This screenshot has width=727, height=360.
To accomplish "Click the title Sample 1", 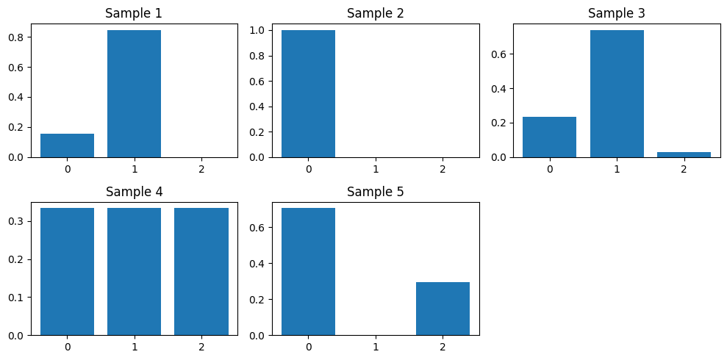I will [x=134, y=13].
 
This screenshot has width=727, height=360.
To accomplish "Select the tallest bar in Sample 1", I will [x=134, y=94].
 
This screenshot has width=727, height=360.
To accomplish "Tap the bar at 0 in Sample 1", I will [x=67, y=145].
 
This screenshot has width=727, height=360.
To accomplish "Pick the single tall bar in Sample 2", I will [x=308, y=94].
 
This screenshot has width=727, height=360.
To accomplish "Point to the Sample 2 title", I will [x=375, y=13].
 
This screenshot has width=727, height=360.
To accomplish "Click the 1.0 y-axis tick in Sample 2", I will [x=259, y=31].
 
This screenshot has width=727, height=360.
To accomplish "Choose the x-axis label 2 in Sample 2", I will [x=443, y=170].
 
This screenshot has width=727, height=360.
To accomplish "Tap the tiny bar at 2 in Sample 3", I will [x=684, y=154].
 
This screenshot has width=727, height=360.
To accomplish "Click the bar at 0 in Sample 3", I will [x=549, y=137].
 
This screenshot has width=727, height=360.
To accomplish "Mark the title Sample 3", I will [x=617, y=13].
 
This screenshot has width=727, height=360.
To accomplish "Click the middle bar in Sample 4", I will [x=134, y=272].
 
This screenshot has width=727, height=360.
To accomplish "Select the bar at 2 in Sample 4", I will [x=201, y=272].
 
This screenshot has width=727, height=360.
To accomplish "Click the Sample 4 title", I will [x=134, y=192].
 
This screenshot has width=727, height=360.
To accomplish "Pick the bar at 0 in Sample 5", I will [x=308, y=272].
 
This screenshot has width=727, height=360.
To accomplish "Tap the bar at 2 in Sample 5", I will [x=443, y=309].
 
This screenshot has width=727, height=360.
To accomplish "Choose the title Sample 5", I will [x=375, y=192].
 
